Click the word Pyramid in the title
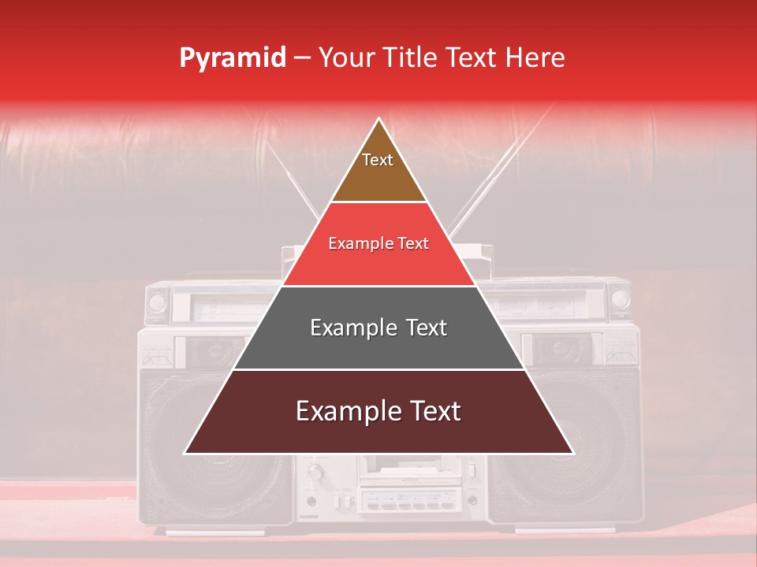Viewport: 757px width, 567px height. (232, 58)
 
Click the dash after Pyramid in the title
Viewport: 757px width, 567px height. (302, 58)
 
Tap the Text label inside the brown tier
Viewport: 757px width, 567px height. (378, 160)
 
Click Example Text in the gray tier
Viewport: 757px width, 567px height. (378, 328)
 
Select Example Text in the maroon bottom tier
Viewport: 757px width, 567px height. (378, 411)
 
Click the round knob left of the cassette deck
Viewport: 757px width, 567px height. (317, 472)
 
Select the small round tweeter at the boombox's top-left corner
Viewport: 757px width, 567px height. (157, 302)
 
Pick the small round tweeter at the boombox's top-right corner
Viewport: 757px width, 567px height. (621, 299)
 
